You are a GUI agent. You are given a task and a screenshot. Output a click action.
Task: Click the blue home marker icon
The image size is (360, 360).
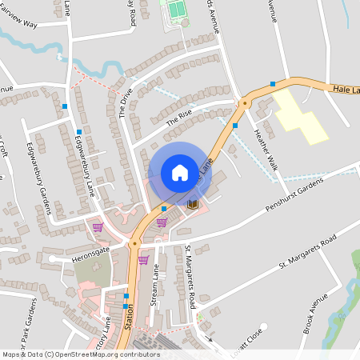pos(180,172)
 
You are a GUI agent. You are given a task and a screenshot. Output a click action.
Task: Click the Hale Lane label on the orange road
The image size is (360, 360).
pos(346,91)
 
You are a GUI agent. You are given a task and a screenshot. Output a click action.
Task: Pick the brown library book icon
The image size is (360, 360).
pos(192,205)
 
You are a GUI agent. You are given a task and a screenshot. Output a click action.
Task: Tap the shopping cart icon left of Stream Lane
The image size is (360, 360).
pos(143,260)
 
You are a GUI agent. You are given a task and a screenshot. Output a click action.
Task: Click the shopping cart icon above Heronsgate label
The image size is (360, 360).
pos(97,227)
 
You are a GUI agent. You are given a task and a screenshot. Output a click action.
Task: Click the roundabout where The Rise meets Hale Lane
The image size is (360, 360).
pos(244,102)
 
